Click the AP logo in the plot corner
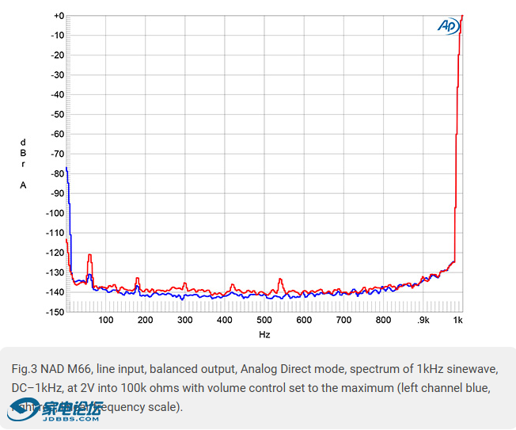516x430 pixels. tap(449, 25)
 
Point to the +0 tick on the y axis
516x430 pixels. tap(58, 16)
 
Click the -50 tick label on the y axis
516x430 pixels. tap(58, 114)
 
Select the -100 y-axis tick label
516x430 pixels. tap(55, 213)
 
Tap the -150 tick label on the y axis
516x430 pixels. tap(55, 312)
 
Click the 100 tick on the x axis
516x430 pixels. tap(106, 321)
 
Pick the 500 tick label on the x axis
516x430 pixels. tap(264, 321)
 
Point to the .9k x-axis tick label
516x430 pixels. tap(423, 321)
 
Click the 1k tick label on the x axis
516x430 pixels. tap(458, 321)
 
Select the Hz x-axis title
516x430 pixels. tap(264, 335)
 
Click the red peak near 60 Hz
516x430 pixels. tap(90, 255)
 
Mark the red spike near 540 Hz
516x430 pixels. tap(281, 280)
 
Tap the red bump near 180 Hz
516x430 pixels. tap(138, 279)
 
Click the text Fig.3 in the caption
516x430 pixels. tap(25, 369)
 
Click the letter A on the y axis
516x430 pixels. tap(23, 185)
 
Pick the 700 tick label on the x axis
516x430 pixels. tap(343, 321)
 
